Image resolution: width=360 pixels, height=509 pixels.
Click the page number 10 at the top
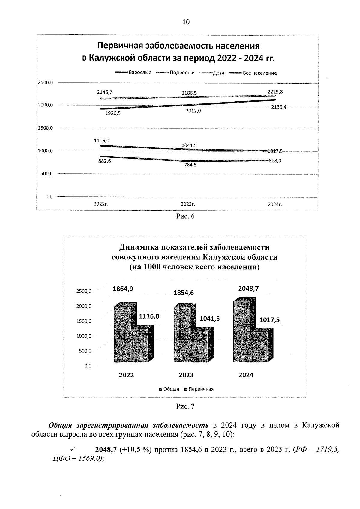pos(186,22)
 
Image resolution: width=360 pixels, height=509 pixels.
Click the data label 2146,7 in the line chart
pos(104,92)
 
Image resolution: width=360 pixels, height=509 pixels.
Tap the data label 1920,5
pos(113,113)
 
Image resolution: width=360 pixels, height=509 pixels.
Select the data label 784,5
pos(190,165)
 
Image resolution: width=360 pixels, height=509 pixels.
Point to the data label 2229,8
pos(275,92)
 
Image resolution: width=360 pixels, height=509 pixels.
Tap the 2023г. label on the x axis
pos(188,204)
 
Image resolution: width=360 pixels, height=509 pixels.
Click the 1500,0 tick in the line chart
pos(45,128)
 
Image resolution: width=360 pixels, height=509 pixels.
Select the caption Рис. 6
pos(185,216)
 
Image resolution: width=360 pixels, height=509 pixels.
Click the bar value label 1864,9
pos(123,289)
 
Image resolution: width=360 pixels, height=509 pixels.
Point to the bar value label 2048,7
pos(248,289)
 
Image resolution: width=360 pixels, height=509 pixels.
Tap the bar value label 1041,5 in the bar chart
pos(210,319)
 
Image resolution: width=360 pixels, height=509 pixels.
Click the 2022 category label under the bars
pos(126,375)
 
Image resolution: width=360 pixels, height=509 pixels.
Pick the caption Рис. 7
pos(185,406)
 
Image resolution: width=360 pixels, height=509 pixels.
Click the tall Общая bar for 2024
pos(241,330)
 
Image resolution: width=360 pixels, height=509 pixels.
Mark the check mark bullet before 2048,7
pos(72,449)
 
